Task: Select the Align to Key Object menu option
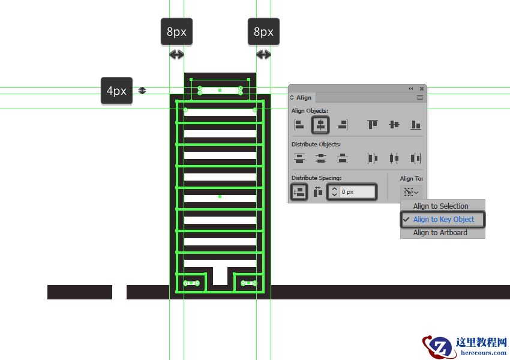click(443, 220)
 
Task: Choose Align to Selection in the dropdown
click(441, 206)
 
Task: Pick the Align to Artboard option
click(440, 233)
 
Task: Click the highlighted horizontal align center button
click(320, 125)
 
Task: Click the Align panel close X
click(422, 88)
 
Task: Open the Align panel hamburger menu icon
click(420, 98)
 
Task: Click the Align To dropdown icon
click(411, 192)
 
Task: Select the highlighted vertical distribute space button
click(299, 192)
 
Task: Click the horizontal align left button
click(299, 125)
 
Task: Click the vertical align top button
click(373, 125)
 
